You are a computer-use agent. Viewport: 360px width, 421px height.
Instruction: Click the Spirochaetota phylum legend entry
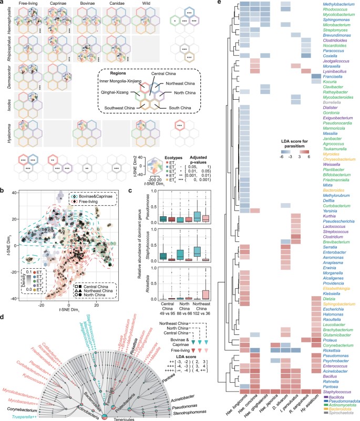(343, 412)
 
